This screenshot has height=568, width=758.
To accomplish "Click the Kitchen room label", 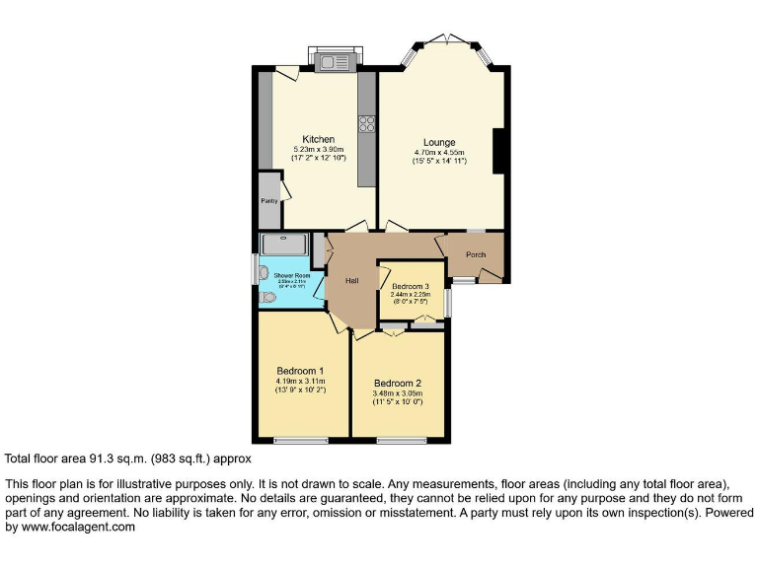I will [318, 139].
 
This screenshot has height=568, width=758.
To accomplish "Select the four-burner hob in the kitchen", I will [367, 124].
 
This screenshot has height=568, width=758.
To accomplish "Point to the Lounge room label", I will [439, 142].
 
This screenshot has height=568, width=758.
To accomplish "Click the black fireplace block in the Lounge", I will [499, 150].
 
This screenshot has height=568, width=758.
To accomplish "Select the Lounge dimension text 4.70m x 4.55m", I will [439, 152].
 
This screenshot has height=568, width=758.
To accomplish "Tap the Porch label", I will [476, 254].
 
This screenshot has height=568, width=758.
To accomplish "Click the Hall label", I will [351, 281].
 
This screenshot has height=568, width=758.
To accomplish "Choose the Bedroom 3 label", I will [410, 286].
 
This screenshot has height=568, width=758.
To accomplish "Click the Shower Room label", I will [291, 276].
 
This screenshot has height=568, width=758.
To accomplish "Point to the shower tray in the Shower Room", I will [285, 244].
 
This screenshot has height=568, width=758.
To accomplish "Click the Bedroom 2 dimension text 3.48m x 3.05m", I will [398, 392].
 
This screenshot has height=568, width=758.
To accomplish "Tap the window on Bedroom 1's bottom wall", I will [300, 440].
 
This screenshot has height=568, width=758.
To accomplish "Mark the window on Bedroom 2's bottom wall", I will [401, 440].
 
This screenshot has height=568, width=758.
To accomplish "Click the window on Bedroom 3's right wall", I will [447, 302].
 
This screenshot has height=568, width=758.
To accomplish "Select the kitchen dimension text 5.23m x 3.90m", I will [318, 149].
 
